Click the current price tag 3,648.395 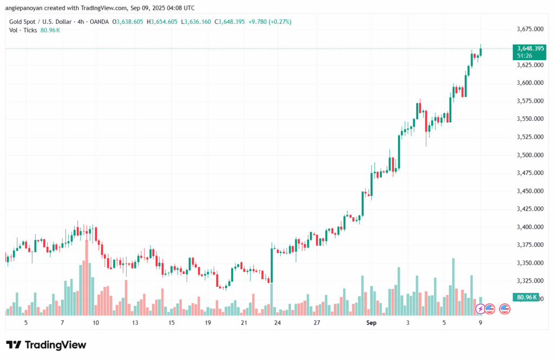530,49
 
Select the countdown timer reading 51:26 524,56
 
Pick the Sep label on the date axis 371,323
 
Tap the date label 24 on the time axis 277,323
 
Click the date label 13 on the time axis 135,323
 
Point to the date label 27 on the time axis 316,323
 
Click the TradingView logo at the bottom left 46,345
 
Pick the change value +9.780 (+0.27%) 271,22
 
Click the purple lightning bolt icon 480,309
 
